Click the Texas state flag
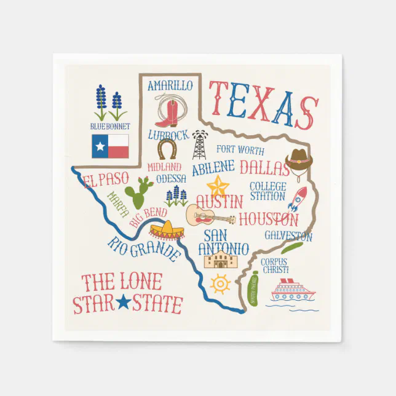[110, 146]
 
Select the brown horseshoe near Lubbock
[167, 149]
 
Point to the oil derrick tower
[199, 145]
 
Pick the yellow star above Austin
[218, 185]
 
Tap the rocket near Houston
[298, 200]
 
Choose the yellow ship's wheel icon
[220, 284]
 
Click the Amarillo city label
[170, 85]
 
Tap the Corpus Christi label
[274, 266]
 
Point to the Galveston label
[288, 236]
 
